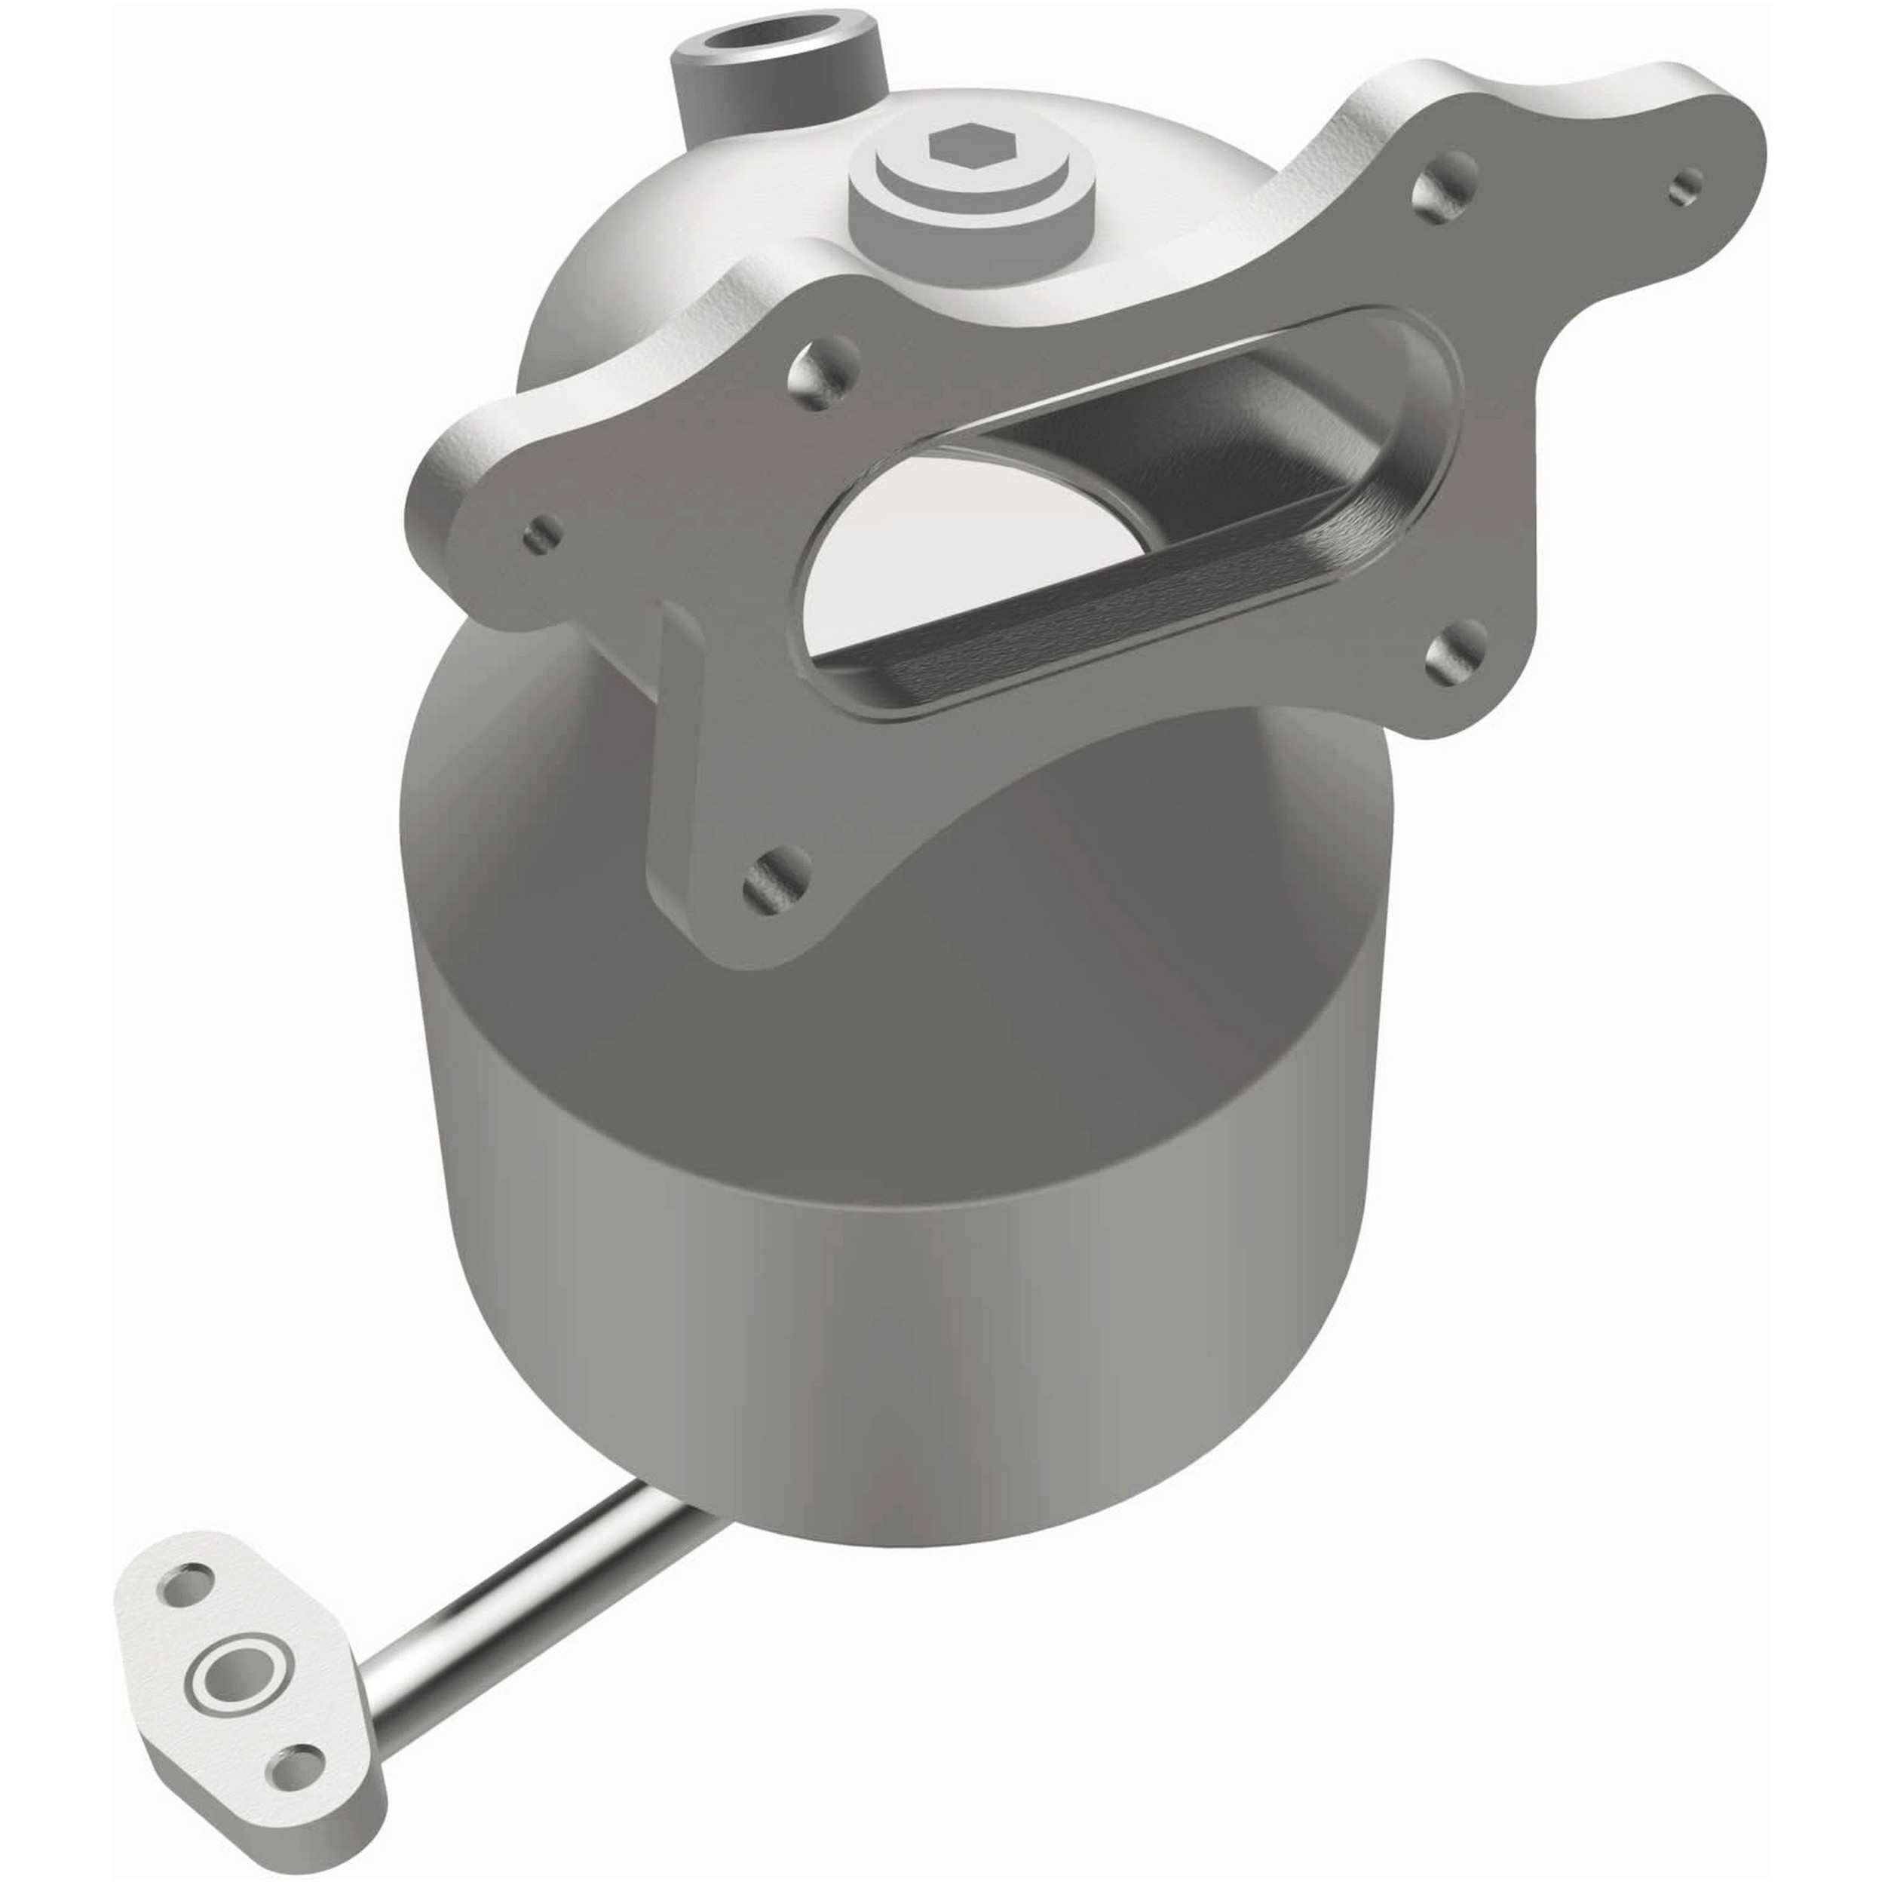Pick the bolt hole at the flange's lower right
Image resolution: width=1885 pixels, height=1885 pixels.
[1456, 650]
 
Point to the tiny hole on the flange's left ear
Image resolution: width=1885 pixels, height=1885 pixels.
[542, 533]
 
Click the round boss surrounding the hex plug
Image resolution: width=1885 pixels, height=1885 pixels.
[961, 210]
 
